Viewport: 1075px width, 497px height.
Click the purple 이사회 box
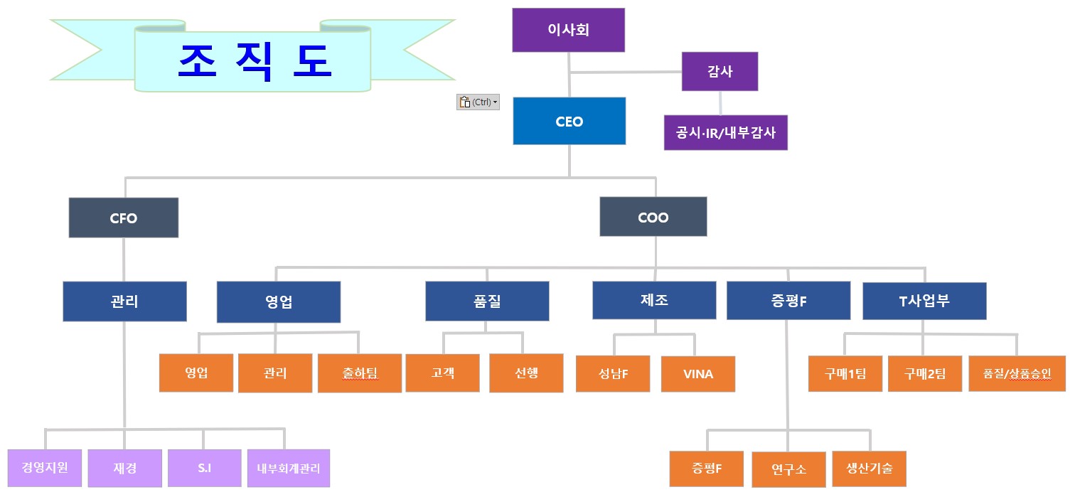(568, 30)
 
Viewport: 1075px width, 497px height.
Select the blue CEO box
(569, 122)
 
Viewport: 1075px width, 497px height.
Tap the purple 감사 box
(720, 71)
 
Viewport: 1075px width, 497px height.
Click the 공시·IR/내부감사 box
(725, 132)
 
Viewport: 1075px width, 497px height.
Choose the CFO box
(124, 218)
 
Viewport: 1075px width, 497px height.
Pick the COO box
(653, 217)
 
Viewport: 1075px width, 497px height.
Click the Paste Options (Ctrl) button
(478, 102)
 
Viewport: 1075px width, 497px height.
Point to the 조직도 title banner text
(254, 61)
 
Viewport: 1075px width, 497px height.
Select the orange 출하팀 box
(359, 373)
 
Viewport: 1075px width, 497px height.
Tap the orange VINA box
(697, 373)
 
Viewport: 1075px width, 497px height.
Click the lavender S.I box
(205, 468)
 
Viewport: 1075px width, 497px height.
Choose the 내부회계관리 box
(288, 468)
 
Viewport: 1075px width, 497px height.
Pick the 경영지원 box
(45, 468)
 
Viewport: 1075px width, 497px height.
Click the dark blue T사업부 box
(924, 301)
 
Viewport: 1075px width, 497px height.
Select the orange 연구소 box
(788, 469)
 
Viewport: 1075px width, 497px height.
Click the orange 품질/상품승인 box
(1017, 373)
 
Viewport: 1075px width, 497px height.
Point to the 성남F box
(613, 373)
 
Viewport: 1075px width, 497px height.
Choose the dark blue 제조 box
(654, 300)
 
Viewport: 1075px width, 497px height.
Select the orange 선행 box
(526, 373)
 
